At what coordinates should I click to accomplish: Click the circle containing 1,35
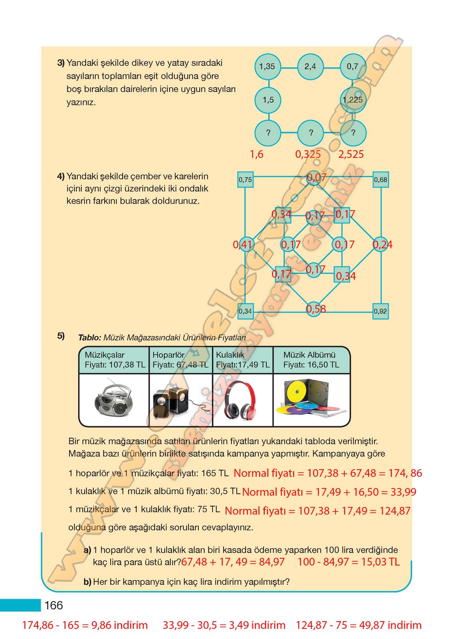[x=267, y=67]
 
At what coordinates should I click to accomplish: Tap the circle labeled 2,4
[x=310, y=67]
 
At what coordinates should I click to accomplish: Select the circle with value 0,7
[x=353, y=67]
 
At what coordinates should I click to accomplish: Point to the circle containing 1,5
[x=268, y=100]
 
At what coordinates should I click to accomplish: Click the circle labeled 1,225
[x=353, y=100]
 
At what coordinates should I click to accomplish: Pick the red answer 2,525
[x=351, y=154]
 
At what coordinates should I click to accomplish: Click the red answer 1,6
[x=256, y=154]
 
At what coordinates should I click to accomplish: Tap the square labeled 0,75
[x=245, y=180]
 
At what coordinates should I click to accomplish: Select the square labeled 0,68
[x=380, y=180]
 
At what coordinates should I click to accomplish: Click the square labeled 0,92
[x=380, y=311]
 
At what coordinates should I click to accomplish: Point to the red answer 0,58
[x=316, y=309]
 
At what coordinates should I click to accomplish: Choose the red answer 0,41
[x=243, y=245]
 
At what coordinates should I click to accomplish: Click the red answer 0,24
[x=383, y=245]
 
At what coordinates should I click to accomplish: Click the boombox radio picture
[x=114, y=400]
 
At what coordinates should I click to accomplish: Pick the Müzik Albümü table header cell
[x=311, y=360]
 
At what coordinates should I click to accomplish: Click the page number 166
[x=53, y=605]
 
